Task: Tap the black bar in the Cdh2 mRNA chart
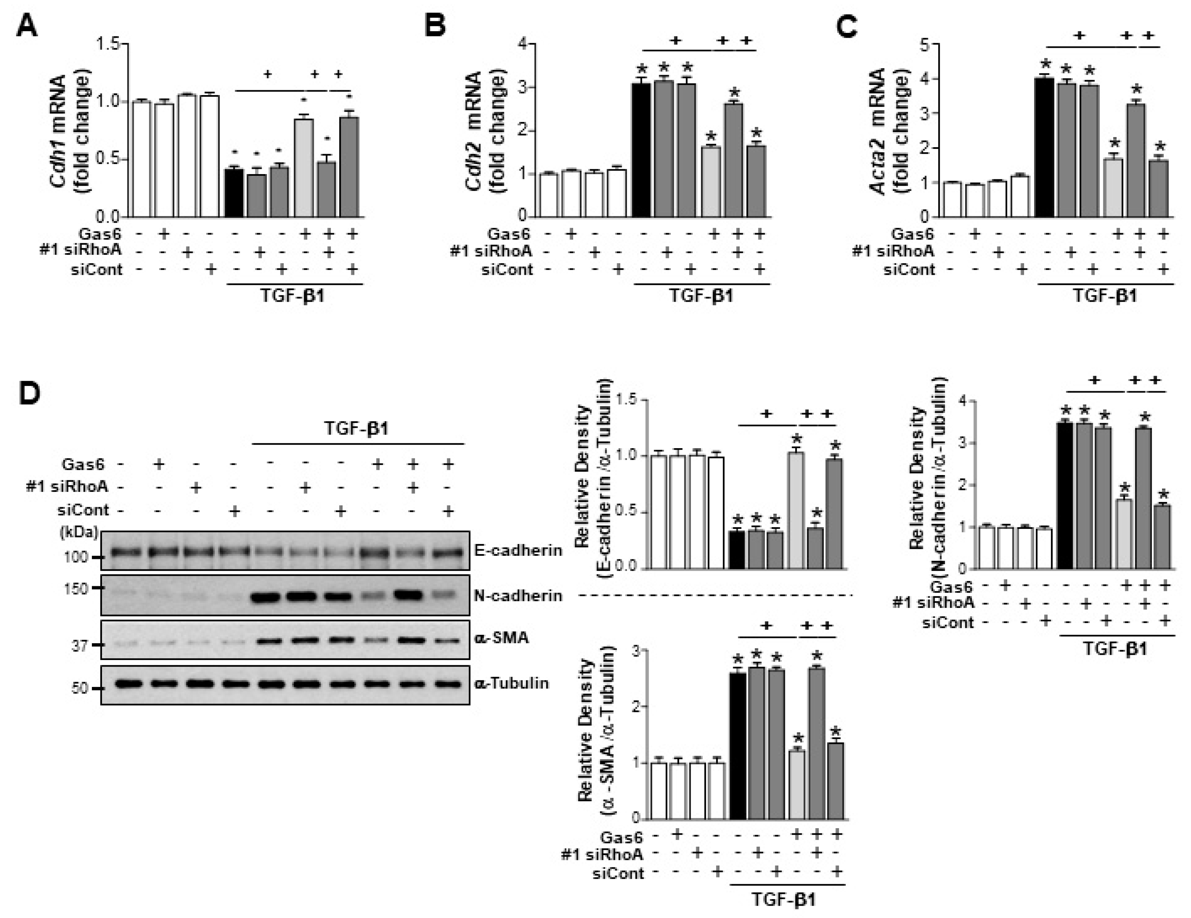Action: [641, 150]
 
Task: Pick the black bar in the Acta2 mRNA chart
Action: [1044, 147]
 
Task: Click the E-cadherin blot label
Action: [518, 550]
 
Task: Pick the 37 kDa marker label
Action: [80, 646]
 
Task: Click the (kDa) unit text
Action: [79, 532]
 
